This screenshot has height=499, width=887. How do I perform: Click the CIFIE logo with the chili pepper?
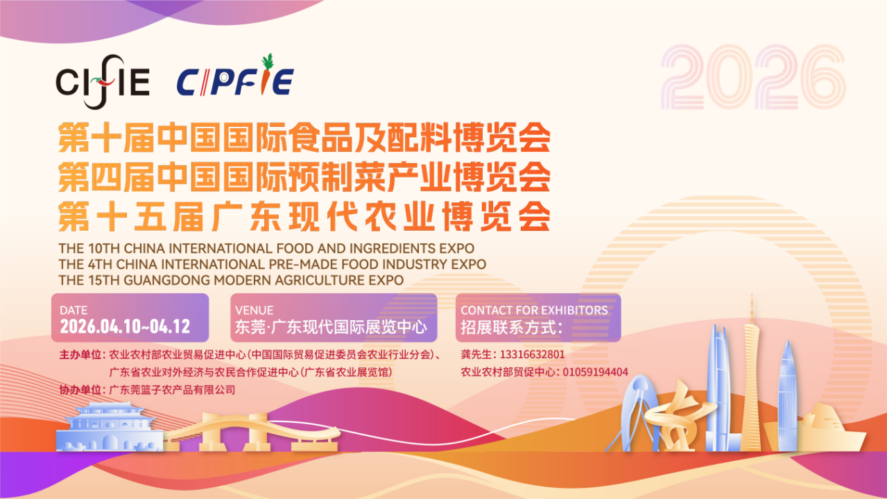click(103, 82)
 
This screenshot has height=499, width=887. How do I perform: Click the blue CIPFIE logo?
click(235, 78)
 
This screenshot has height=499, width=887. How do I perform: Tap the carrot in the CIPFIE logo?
click(266, 74)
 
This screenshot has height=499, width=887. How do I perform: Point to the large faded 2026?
click(752, 77)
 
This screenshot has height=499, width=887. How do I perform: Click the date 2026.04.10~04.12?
click(125, 326)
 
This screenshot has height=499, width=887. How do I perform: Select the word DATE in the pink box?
click(74, 310)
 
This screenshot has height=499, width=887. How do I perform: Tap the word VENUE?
click(255, 310)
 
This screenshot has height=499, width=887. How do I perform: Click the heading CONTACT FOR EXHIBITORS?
click(534, 310)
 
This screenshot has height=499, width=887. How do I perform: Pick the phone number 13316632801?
click(532, 355)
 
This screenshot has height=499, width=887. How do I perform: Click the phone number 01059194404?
click(596, 372)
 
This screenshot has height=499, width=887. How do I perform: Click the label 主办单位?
click(80, 355)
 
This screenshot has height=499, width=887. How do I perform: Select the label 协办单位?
click(80, 389)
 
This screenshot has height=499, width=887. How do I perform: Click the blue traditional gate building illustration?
click(110, 427)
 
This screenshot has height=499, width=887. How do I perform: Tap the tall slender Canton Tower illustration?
click(751, 380)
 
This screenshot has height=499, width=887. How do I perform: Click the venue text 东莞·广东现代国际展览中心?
click(331, 327)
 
